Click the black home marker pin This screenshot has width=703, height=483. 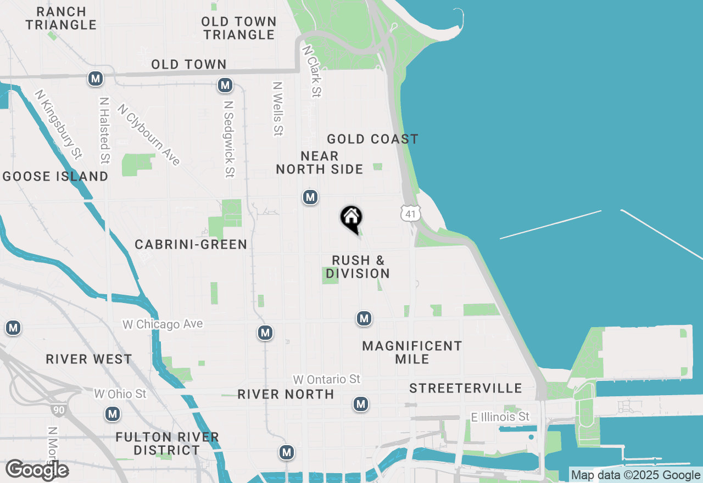pyautogui.click(x=351, y=219)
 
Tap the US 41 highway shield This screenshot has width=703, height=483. pyautogui.click(x=411, y=213)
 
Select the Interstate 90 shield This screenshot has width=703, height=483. pyautogui.click(x=57, y=408)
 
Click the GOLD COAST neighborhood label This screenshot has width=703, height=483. pyautogui.click(x=372, y=139)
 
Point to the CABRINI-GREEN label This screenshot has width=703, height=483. pyautogui.click(x=191, y=244)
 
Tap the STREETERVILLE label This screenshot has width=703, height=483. pyautogui.click(x=465, y=388)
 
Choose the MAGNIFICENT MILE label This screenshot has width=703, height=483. pyautogui.click(x=412, y=352)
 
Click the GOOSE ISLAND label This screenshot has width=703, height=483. pyautogui.click(x=55, y=176)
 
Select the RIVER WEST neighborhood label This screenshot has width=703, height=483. pyautogui.click(x=89, y=359)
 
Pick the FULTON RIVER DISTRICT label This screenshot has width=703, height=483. pyautogui.click(x=168, y=443)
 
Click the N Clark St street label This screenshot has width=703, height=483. pyautogui.click(x=311, y=71)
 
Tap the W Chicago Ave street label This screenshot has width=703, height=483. pyautogui.click(x=163, y=324)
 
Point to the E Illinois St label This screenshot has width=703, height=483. pyautogui.click(x=500, y=417)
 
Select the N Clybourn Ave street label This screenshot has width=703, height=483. pyautogui.click(x=149, y=136)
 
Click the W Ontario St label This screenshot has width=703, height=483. pyautogui.click(x=327, y=379)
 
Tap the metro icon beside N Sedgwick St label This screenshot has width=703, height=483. pyautogui.click(x=224, y=85)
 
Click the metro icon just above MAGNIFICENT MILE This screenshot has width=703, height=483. pyautogui.click(x=364, y=318)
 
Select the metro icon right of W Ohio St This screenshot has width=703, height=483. pyautogui.click(x=113, y=414)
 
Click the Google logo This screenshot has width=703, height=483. pyautogui.click(x=37, y=470)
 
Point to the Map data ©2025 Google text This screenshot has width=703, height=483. pyautogui.click(x=635, y=475)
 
